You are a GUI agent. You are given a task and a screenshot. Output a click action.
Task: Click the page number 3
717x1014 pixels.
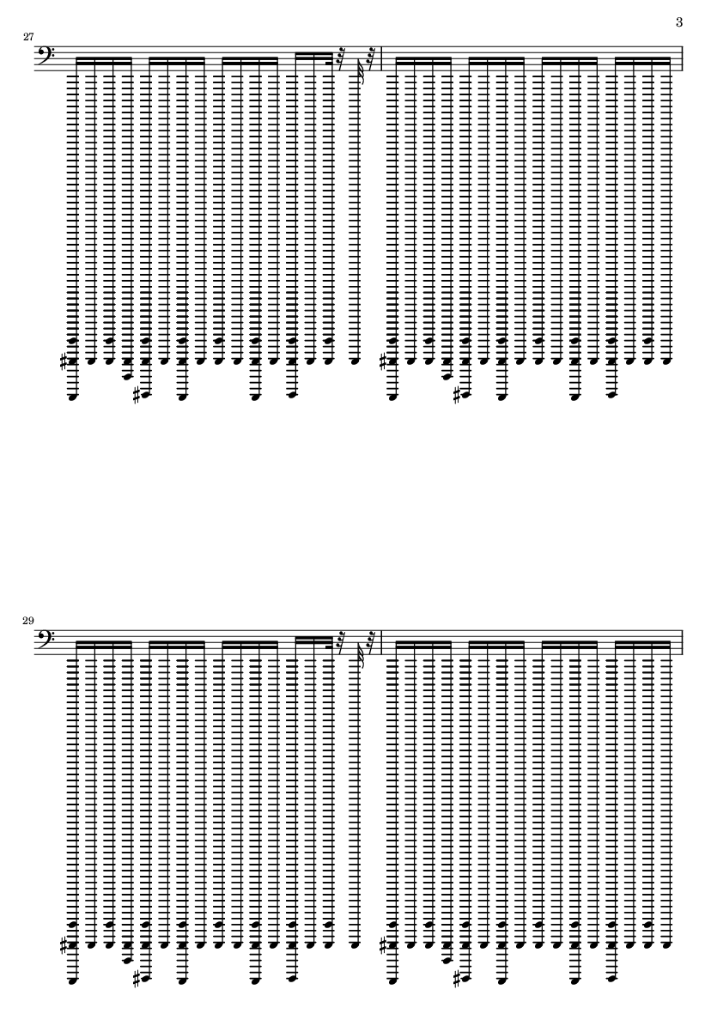click(679, 22)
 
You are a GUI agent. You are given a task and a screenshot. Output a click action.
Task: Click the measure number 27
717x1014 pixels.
click(28, 37)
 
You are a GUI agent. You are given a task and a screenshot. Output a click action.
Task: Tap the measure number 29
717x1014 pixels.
click(28, 621)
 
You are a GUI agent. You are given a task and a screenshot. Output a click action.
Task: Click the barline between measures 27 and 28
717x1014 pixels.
click(383, 59)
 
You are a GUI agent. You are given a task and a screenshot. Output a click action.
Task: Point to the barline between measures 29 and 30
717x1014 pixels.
click(383, 643)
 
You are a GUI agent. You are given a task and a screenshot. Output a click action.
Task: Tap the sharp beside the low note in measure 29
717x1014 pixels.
click(137, 978)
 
